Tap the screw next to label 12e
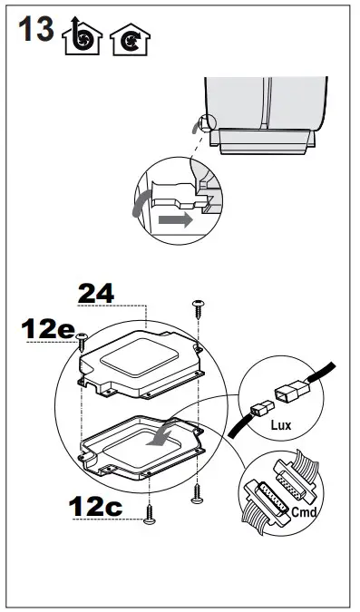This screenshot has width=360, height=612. click(x=83, y=339)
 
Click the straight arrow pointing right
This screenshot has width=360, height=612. click(x=174, y=219)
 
